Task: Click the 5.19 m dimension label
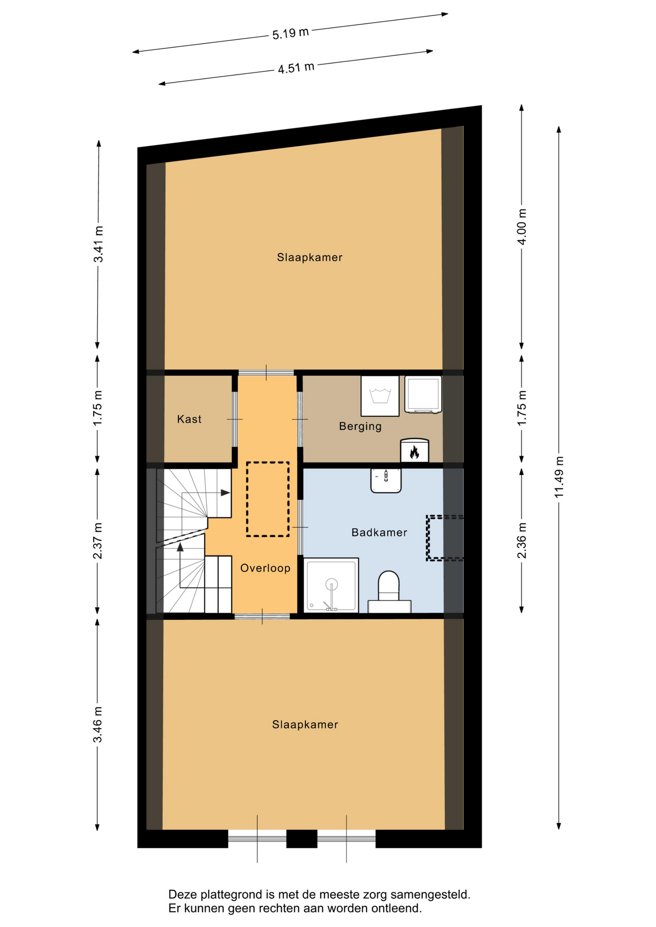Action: pyautogui.click(x=290, y=33)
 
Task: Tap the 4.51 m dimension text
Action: pyautogui.click(x=296, y=68)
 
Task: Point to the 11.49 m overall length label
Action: pyautogui.click(x=559, y=477)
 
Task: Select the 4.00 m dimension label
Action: pyautogui.click(x=522, y=227)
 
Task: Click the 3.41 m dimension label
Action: pyautogui.click(x=98, y=244)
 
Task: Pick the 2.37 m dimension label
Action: pyautogui.click(x=98, y=541)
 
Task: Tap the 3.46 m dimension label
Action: pyautogui.click(x=98, y=725)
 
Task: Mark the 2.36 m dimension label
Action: pyautogui.click(x=522, y=540)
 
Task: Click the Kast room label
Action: pyautogui.click(x=189, y=419)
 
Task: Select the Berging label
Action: pyautogui.click(x=360, y=426)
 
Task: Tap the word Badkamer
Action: pyautogui.click(x=379, y=533)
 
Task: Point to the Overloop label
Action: pyautogui.click(x=265, y=568)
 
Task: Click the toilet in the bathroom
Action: pyautogui.click(x=389, y=592)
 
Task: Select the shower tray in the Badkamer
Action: pyautogui.click(x=331, y=585)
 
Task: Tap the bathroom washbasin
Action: pyautogui.click(x=386, y=480)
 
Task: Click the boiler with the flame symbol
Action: pyautogui.click(x=414, y=450)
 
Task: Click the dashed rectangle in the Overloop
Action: pyautogui.click(x=268, y=499)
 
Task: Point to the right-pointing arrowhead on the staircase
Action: pyautogui.click(x=225, y=492)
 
